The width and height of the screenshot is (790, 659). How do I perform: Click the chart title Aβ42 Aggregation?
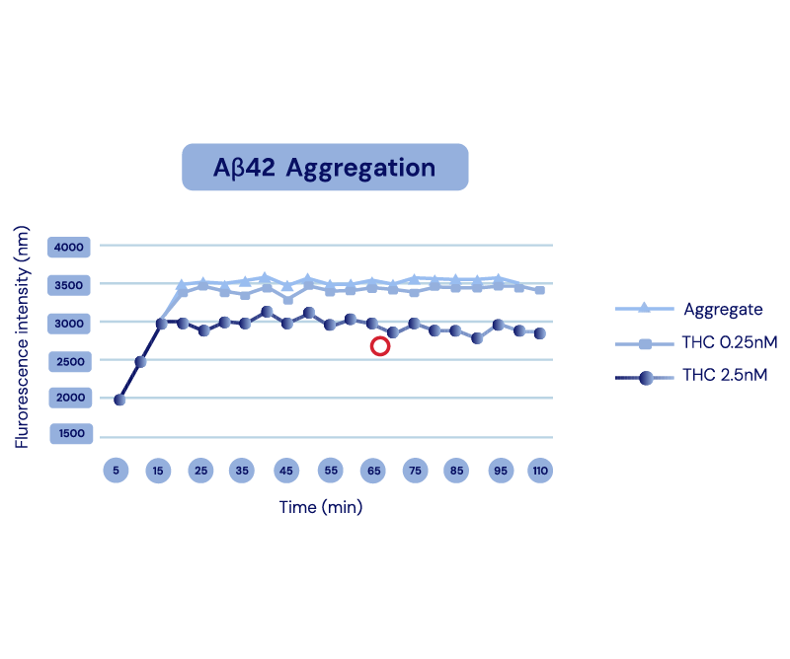pyautogui.click(x=325, y=167)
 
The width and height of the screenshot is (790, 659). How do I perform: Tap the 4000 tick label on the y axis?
pyautogui.click(x=70, y=247)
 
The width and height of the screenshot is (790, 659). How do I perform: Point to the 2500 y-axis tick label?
pyautogui.click(x=70, y=361)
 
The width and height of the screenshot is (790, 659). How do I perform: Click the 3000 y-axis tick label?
pyautogui.click(x=70, y=323)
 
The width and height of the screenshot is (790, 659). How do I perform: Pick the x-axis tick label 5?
pyautogui.click(x=116, y=471)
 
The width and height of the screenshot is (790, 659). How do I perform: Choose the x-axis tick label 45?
pyautogui.click(x=286, y=471)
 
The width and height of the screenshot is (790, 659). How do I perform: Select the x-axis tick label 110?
pyautogui.click(x=540, y=471)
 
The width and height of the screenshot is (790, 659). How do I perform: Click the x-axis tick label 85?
pyautogui.click(x=455, y=471)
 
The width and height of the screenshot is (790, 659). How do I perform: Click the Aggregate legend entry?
pyautogui.click(x=723, y=309)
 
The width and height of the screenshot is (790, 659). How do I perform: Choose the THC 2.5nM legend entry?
pyautogui.click(x=725, y=376)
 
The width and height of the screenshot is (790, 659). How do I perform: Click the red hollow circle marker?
pyautogui.click(x=379, y=345)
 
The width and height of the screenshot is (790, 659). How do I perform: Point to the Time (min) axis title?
pyautogui.click(x=320, y=507)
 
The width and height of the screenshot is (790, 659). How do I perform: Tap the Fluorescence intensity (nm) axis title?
pyautogui.click(x=23, y=335)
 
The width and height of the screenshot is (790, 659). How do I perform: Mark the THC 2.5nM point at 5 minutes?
pyautogui.click(x=119, y=400)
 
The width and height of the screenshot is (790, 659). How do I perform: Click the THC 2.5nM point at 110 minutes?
pyautogui.click(x=540, y=333)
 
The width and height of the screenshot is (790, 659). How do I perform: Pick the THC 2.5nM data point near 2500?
pyautogui.click(x=140, y=362)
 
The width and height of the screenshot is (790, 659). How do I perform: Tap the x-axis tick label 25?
pyautogui.click(x=201, y=471)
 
